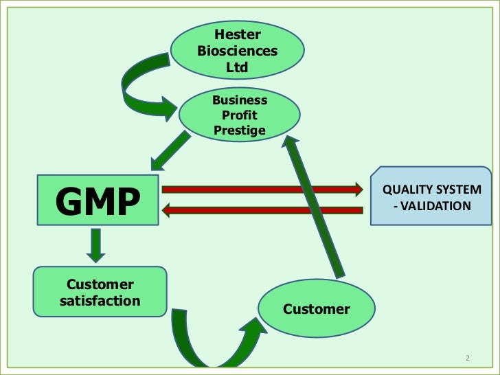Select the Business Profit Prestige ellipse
[x=239, y=115]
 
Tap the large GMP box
[x=98, y=199]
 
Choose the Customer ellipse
[x=317, y=309]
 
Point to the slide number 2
[x=467, y=359]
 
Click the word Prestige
[x=240, y=130]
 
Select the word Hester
[x=238, y=34]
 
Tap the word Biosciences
[x=238, y=51]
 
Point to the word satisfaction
[x=100, y=301]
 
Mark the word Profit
[x=240, y=115]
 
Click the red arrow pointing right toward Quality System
[x=261, y=188]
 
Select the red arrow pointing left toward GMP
[x=261, y=210]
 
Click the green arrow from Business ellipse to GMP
[x=170, y=150]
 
